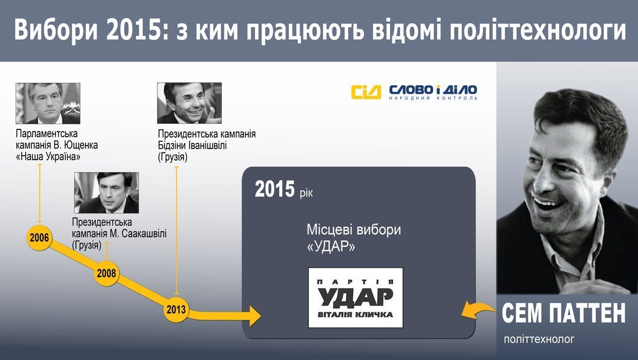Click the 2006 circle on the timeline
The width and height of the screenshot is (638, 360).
pyautogui.click(x=39, y=237)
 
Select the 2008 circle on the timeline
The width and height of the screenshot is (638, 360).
pyautogui.click(x=106, y=273)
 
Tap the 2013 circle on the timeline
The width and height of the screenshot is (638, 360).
pyautogui.click(x=176, y=310)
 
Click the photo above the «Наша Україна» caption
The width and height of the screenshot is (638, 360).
pyautogui.click(x=48, y=104)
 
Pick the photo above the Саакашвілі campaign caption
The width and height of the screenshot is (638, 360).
pyautogui.click(x=106, y=193)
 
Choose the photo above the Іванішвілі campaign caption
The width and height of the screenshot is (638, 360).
pyautogui.click(x=190, y=103)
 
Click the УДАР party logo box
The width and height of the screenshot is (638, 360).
pyautogui.click(x=355, y=298)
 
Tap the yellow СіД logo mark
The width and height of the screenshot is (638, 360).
pyautogui.click(x=366, y=92)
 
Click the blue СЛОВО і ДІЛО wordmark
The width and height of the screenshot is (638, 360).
pyautogui.click(x=433, y=90)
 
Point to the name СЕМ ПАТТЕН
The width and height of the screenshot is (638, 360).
pyautogui.click(x=564, y=313)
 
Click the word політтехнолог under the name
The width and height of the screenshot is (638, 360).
pyautogui.click(x=539, y=339)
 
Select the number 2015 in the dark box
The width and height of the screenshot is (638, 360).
pyautogui.click(x=275, y=189)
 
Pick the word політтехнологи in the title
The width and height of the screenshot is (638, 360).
pyautogui.click(x=537, y=30)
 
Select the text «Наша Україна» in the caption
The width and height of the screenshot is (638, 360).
pyautogui.click(x=48, y=157)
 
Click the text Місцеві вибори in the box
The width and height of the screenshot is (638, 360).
pyautogui.click(x=354, y=230)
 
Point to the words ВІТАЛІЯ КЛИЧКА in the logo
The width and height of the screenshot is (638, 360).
pyautogui.click(x=355, y=315)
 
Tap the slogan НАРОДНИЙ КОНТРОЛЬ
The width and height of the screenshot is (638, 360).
pyautogui.click(x=433, y=98)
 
